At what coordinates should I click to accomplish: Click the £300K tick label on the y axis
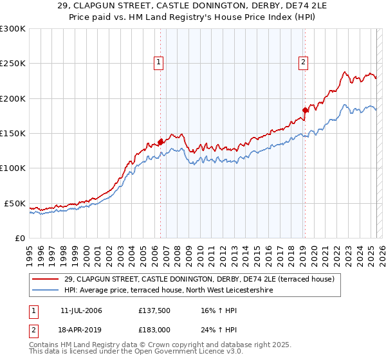click(x=13, y=29)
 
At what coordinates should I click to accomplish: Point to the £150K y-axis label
click(x=13, y=134)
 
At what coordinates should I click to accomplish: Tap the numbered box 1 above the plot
click(x=158, y=62)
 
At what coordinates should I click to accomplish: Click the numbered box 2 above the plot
click(x=303, y=62)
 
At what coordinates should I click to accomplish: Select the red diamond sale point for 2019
click(x=306, y=110)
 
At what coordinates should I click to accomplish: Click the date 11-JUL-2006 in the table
click(x=81, y=310)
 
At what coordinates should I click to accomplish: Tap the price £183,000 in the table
click(x=153, y=329)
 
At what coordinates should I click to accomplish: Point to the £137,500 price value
click(x=153, y=310)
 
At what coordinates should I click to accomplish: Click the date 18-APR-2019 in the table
click(x=81, y=329)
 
